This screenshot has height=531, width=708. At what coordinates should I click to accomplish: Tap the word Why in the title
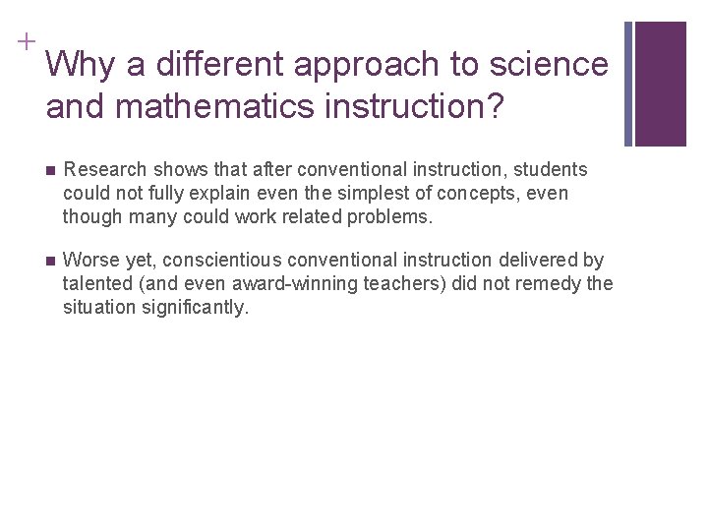tap(78, 65)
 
